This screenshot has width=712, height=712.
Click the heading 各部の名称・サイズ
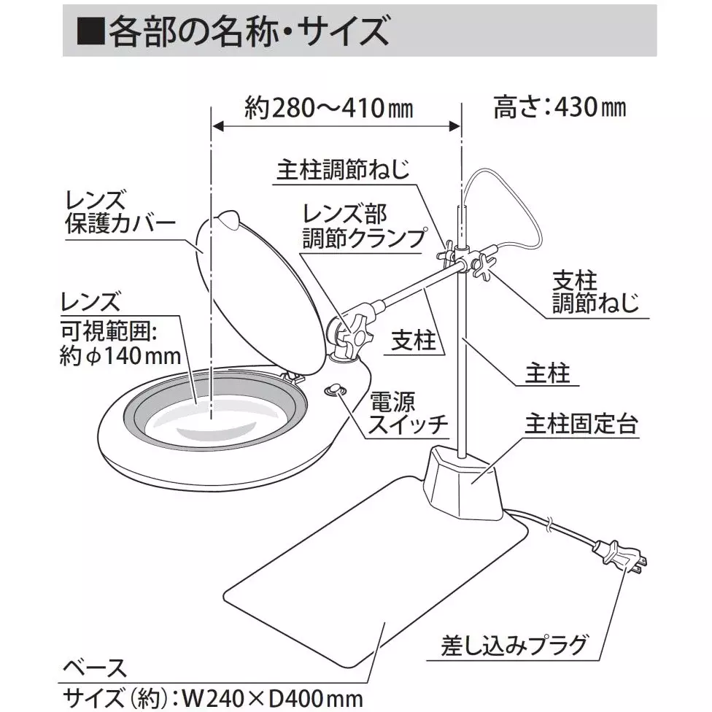pos(241,31)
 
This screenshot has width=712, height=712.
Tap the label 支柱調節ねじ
pos(584,291)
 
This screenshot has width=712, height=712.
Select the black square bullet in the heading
pos(90,33)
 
